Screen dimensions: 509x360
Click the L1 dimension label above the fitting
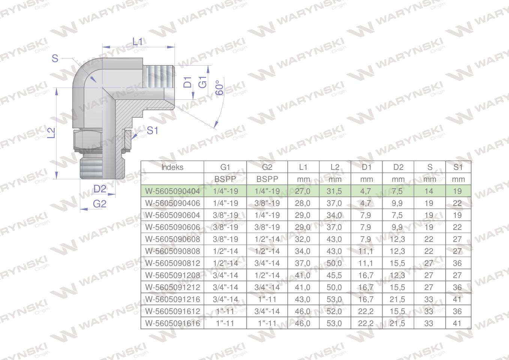pyautogui.click(x=138, y=42)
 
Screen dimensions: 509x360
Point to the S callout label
pyautogui.click(x=55, y=58)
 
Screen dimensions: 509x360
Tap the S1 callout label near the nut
pyautogui.click(x=152, y=130)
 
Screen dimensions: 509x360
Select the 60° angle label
pyautogui.click(x=219, y=88)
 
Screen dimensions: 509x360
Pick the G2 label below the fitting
pyautogui.click(x=99, y=204)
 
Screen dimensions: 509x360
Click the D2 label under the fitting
pyautogui.click(x=100, y=189)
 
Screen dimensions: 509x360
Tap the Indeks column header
pyautogui.click(x=172, y=167)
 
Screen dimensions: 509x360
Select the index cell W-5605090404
pyautogui.click(x=173, y=191)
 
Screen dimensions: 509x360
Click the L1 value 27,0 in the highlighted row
pyautogui.click(x=302, y=191)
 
